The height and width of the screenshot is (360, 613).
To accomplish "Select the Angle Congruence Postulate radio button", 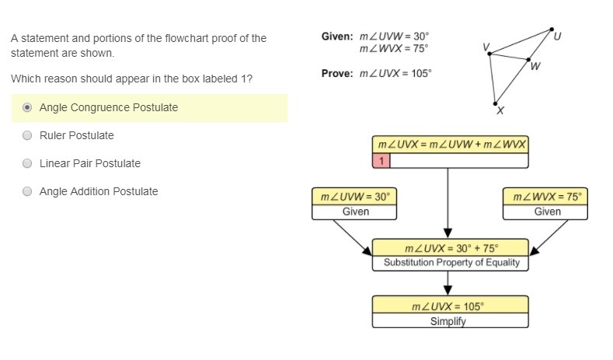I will coord(28,107).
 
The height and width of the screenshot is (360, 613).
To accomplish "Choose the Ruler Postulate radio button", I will coord(28,135).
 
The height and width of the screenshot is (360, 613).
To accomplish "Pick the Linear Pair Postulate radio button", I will coord(28,163).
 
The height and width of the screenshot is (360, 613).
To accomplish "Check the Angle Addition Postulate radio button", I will coord(28,191).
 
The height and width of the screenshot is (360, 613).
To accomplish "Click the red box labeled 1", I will coord(381,161).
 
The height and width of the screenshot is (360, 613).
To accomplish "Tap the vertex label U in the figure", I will coord(557,36).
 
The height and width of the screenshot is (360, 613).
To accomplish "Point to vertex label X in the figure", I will coord(500,111).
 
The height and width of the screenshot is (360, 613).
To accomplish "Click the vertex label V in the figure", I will coord(486,47).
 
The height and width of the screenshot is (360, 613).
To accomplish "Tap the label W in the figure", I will coord(536,67).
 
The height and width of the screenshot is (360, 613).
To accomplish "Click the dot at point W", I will coord(529,59).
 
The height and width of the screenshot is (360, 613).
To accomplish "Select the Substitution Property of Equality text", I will coord(451,263).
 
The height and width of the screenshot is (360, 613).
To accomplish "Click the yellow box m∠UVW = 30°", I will coord(355,197).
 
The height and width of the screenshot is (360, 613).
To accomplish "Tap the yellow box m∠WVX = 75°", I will coord(547,197).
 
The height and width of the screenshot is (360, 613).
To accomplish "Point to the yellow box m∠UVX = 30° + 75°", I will coord(451,249).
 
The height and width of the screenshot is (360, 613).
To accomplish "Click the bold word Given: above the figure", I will coord(338,37).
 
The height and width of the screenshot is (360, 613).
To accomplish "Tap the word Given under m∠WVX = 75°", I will coord(547,211).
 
